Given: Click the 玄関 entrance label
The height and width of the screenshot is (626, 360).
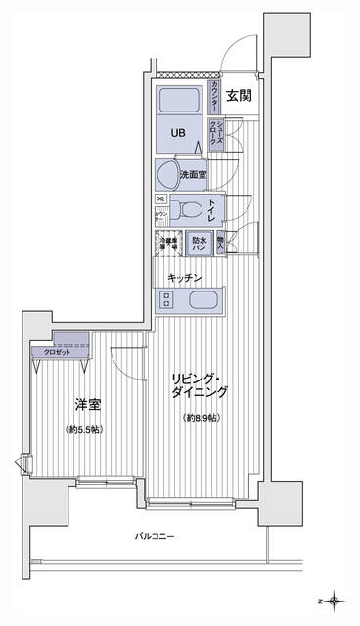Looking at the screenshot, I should coord(240,96).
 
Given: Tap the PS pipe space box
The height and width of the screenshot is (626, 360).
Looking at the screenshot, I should coord(159,199).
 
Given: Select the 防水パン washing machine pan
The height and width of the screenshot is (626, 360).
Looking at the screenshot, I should coord(200,243).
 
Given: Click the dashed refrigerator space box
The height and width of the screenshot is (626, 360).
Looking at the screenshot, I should coord(168,244).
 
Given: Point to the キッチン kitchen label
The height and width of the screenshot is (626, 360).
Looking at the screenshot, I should coord(184,278).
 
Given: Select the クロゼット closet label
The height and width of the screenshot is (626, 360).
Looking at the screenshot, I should coord(57,352).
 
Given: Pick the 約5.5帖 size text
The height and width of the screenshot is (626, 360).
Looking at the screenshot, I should coord(86,430).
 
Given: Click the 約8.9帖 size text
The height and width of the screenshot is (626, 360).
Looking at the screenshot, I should coord(201,419).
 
